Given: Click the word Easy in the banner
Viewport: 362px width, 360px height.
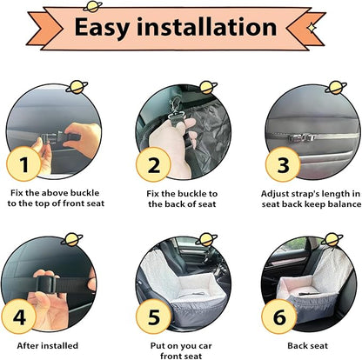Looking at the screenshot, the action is [102, 28].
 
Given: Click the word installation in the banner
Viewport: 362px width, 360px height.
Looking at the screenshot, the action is [207, 27].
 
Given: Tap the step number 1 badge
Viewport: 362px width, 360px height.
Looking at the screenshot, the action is [23, 164].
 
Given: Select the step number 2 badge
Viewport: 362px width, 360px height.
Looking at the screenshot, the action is [153, 164].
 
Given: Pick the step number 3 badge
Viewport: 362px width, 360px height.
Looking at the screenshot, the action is [283, 164].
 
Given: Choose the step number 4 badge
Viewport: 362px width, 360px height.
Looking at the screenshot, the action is [19, 317].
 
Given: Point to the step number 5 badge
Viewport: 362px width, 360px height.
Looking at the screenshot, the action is [153, 317].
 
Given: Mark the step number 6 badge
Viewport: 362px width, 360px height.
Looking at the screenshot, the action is [279, 317].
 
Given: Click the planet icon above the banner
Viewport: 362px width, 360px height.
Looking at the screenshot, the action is [93, 6].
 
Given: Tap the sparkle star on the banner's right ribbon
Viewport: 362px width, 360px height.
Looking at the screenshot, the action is [312, 27].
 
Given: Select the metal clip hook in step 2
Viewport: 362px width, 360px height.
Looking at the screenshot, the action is [175, 111].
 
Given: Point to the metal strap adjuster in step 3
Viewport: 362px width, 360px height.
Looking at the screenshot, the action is [302, 137].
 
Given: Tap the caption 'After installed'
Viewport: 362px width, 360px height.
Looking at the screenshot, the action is [48, 345].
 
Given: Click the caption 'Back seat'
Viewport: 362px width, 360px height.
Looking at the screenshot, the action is [308, 345].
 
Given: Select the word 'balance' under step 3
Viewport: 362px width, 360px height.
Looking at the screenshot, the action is [345, 204].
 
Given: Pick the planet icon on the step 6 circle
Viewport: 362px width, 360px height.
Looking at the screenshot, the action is [332, 240].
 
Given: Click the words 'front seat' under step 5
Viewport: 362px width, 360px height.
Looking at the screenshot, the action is [181, 356].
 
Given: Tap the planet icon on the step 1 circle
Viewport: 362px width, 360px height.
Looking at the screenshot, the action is [77, 87].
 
